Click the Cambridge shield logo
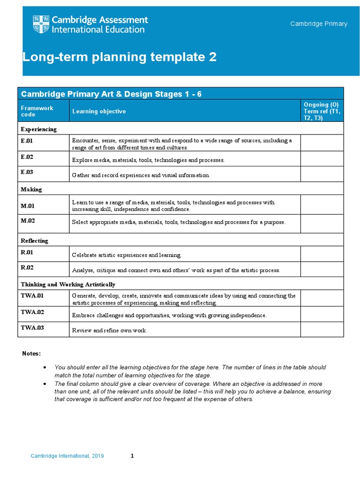coord(41,24)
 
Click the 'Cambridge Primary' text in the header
coord(319,24)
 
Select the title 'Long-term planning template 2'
coord(120,57)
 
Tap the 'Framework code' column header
coord(37,111)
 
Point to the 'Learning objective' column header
coord(98,111)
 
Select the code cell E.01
coord(27,141)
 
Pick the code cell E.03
coord(27,172)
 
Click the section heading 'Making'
coord(31,189)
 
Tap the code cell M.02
coord(28,221)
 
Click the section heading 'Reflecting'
coord(34,240)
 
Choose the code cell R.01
coord(27,252)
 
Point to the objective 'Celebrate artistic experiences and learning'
coord(127,255)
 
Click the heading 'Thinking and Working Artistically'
coord(68,285)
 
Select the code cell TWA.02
coord(32,312)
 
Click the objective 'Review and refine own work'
coord(110,330)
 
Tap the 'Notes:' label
coord(32,353)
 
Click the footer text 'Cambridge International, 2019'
coord(67,456)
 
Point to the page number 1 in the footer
coord(132,456)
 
